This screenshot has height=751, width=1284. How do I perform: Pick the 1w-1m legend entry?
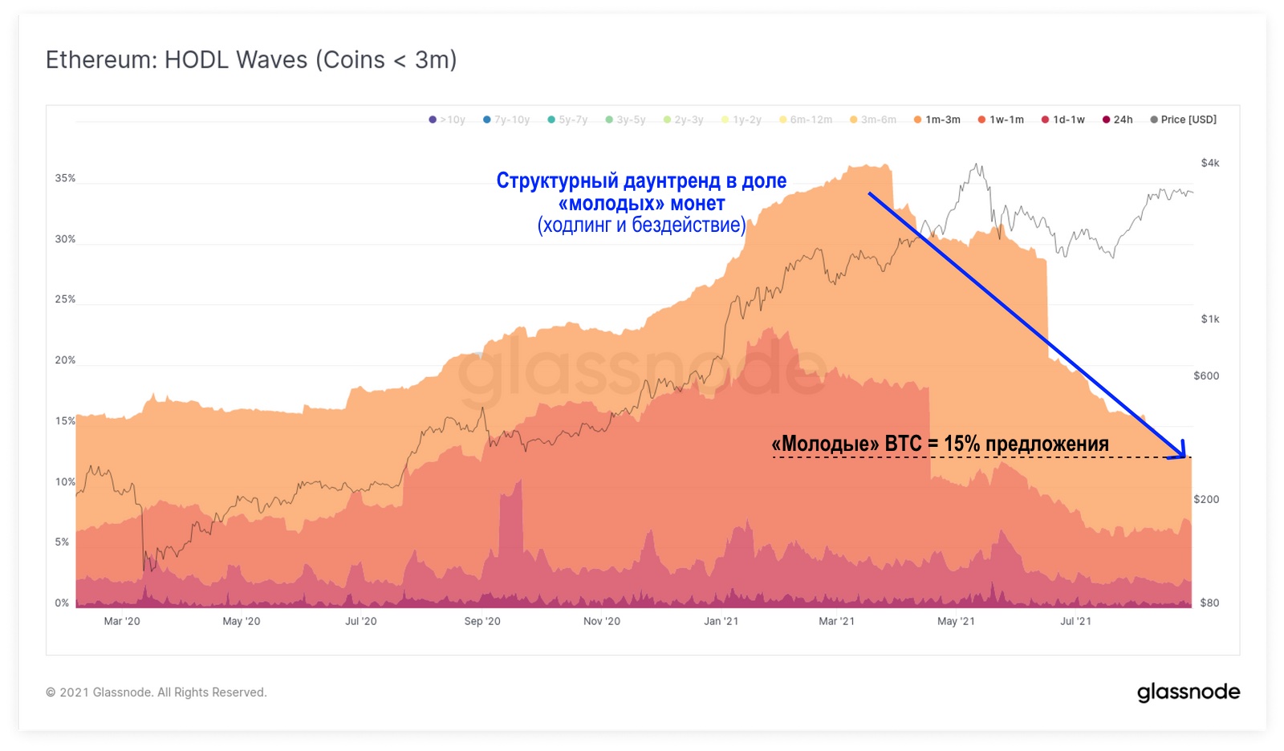click(1001, 120)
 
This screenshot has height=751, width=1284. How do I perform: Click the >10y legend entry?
click(447, 120)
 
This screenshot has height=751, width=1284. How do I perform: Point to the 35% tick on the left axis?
click(65, 178)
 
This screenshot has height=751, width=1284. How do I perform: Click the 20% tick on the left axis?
click(65, 360)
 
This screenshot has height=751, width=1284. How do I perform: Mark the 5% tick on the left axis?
click(62, 542)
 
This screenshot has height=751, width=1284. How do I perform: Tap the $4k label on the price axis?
click(1209, 163)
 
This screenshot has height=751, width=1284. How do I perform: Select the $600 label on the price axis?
click(1206, 375)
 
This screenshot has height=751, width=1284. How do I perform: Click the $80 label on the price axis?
click(1209, 603)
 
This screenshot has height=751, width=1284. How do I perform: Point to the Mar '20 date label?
click(122, 621)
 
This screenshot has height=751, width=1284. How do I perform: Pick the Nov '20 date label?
click(602, 621)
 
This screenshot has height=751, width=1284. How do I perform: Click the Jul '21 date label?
click(1075, 621)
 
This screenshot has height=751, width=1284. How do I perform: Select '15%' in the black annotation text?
click(961, 444)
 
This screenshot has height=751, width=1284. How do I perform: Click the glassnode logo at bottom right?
click(1189, 692)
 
